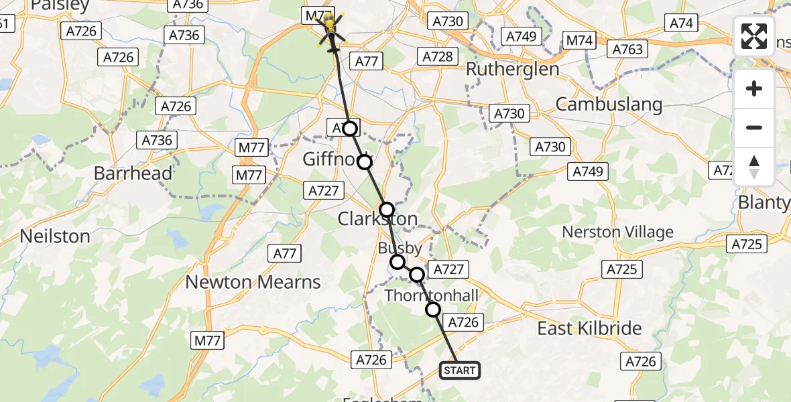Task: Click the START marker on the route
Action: [x=460, y=370]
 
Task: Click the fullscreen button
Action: [x=754, y=36]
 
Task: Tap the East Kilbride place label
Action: [x=590, y=328]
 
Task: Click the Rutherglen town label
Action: [x=512, y=69]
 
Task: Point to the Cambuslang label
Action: [x=609, y=104]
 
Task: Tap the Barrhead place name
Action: [x=133, y=173]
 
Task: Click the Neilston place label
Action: [x=55, y=236]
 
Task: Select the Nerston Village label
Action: [x=617, y=232]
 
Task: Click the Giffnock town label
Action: [x=332, y=160]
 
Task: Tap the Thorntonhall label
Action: [x=432, y=295]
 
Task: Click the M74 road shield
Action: [x=579, y=40]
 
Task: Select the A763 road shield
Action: [x=627, y=49]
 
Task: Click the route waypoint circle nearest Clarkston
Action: [x=387, y=210]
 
